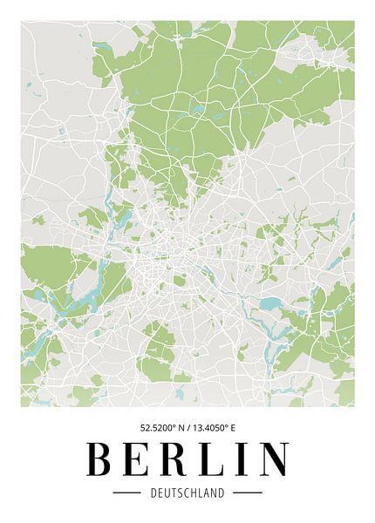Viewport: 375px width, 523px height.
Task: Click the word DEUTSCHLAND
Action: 187,492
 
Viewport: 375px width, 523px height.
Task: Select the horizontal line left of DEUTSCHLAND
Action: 127,492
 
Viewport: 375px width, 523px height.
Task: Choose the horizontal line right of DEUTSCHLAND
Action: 248,492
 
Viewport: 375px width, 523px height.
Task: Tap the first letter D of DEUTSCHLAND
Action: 153,492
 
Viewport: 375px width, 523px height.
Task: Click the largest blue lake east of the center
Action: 271,304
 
